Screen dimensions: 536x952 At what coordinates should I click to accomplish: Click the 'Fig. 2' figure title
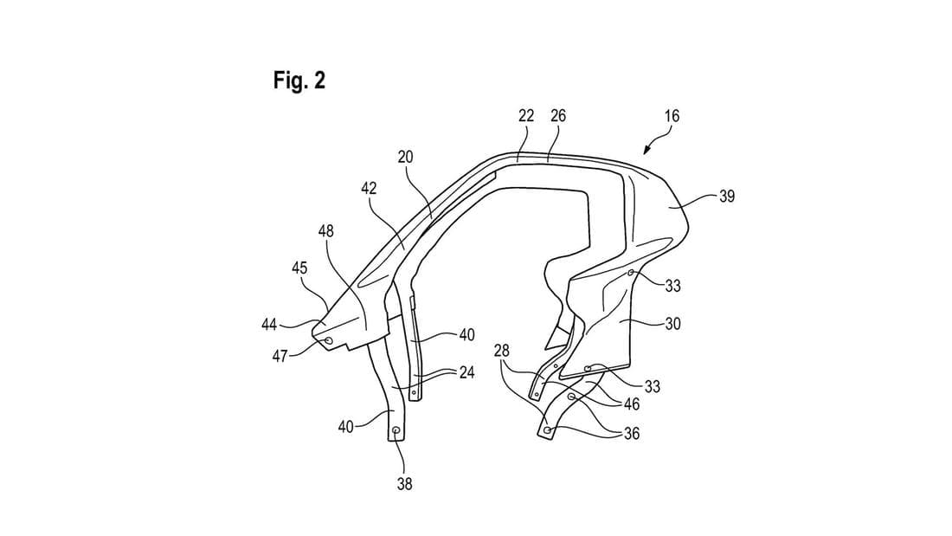299,81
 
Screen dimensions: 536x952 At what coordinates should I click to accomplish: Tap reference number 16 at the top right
672,115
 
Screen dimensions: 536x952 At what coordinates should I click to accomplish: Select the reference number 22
526,115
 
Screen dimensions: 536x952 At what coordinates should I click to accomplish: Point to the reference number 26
557,115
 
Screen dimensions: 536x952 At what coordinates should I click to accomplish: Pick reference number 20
406,157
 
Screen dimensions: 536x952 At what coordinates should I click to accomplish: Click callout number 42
369,188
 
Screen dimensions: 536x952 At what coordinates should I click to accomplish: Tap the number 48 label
327,231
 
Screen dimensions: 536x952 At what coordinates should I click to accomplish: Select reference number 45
299,268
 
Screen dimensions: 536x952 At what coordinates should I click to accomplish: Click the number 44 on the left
269,324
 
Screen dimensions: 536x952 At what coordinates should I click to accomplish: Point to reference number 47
280,356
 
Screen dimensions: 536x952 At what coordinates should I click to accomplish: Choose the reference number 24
467,374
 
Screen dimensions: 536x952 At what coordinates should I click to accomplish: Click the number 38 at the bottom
404,484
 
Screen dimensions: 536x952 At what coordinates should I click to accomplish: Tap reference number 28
501,349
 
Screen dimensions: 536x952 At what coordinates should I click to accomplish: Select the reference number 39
727,197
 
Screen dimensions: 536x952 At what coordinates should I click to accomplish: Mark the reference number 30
673,324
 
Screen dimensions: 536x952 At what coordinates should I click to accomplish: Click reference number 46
632,404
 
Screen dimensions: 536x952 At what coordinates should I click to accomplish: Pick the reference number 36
632,434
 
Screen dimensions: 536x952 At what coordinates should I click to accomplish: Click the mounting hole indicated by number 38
396,430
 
